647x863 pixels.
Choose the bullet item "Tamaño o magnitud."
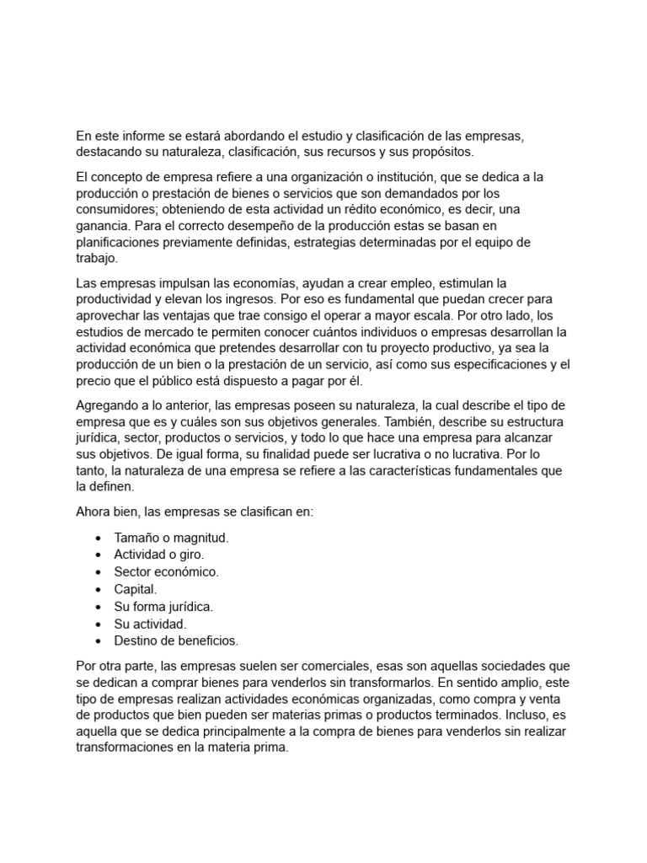click(x=171, y=537)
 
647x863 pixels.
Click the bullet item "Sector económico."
click(x=166, y=571)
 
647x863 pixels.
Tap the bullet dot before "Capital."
click(x=99, y=589)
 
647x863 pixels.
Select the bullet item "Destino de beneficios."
click(x=176, y=641)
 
